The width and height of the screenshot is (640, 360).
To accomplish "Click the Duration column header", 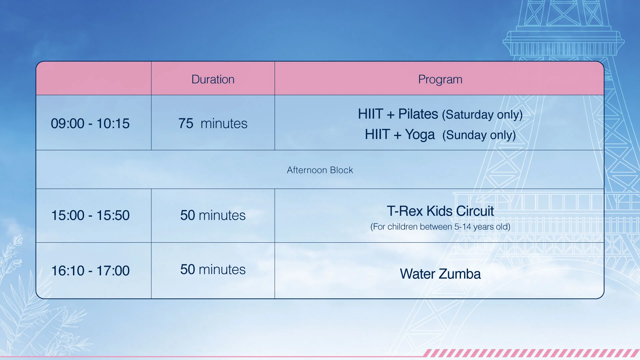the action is tap(213, 79).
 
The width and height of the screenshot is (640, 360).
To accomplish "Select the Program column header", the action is tap(440, 80).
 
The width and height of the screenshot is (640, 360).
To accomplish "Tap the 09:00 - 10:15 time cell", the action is tap(90, 123).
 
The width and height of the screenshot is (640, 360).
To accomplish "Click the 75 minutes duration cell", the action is tap(213, 123).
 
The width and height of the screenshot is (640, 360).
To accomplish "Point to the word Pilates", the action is tap(418, 114).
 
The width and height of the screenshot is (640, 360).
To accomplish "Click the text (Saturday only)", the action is tap(482, 115).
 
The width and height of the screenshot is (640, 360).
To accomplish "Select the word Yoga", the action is tap(420, 135).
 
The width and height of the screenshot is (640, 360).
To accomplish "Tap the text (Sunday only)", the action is tap(479, 135).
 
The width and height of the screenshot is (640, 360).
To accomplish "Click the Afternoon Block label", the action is tap(320, 170).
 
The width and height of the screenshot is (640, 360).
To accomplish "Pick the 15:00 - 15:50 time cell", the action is tap(90, 215).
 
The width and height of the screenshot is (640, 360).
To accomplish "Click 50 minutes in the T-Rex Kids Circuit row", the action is tap(213, 215).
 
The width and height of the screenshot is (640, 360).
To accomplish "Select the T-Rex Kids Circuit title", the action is tap(440, 211).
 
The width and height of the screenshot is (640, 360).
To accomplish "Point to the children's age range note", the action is tap(440, 227).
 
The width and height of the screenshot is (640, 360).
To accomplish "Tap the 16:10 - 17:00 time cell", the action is tap(90, 271).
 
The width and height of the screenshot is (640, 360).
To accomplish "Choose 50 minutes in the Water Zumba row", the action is tap(213, 269).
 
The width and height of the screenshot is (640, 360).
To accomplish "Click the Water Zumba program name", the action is tap(440, 274).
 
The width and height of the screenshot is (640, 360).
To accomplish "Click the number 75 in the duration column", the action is tap(186, 123).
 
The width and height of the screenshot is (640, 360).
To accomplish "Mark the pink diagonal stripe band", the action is tap(531, 353).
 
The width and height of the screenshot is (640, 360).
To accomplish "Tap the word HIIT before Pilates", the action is tap(371, 114).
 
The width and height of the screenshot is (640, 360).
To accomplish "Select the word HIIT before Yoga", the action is tap(377, 134).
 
